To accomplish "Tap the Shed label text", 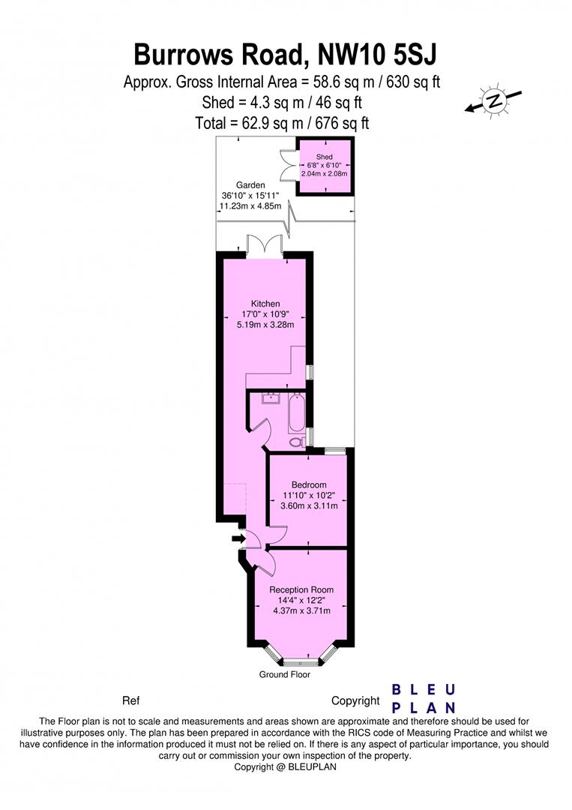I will pyautogui.click(x=324, y=156).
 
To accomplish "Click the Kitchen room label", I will pyautogui.click(x=265, y=304).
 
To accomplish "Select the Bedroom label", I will pyautogui.click(x=309, y=484).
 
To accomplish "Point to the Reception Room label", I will pyautogui.click(x=301, y=589).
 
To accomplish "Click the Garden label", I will pyautogui.click(x=250, y=184).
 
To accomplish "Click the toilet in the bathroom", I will pyautogui.click(x=296, y=442).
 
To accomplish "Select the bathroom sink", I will pyautogui.click(x=267, y=398).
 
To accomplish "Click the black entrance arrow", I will pyautogui.click(x=238, y=538).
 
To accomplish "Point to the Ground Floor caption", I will pyautogui.click(x=285, y=674).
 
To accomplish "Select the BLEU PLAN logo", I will pyautogui.click(x=424, y=698).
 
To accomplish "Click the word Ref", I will pyautogui.click(x=130, y=701).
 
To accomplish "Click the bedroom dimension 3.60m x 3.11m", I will pyautogui.click(x=310, y=505).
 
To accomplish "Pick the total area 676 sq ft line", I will pyautogui.click(x=282, y=123).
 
